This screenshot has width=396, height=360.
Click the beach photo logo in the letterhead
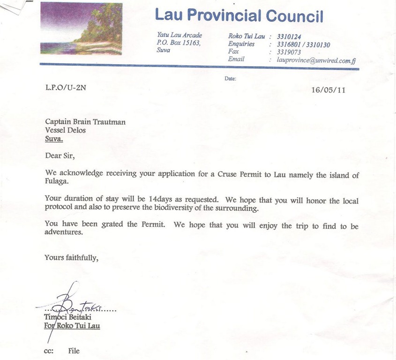pyautogui.click(x=81, y=29)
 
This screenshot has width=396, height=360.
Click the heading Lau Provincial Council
pyautogui.click(x=239, y=15)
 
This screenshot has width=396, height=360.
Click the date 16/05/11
pyautogui.click(x=328, y=90)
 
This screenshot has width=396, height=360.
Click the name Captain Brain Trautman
pyautogui.click(x=85, y=122)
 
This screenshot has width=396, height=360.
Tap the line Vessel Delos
pyautogui.click(x=65, y=130)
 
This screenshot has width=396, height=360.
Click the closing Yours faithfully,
pyautogui.click(x=71, y=257)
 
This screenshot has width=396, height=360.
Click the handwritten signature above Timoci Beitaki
pyautogui.click(x=70, y=305)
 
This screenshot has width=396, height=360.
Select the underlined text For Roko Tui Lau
pyautogui.click(x=72, y=325)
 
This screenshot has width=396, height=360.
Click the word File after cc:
pyautogui.click(x=74, y=350)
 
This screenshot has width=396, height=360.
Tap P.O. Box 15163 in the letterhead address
pyautogui.click(x=179, y=43)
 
